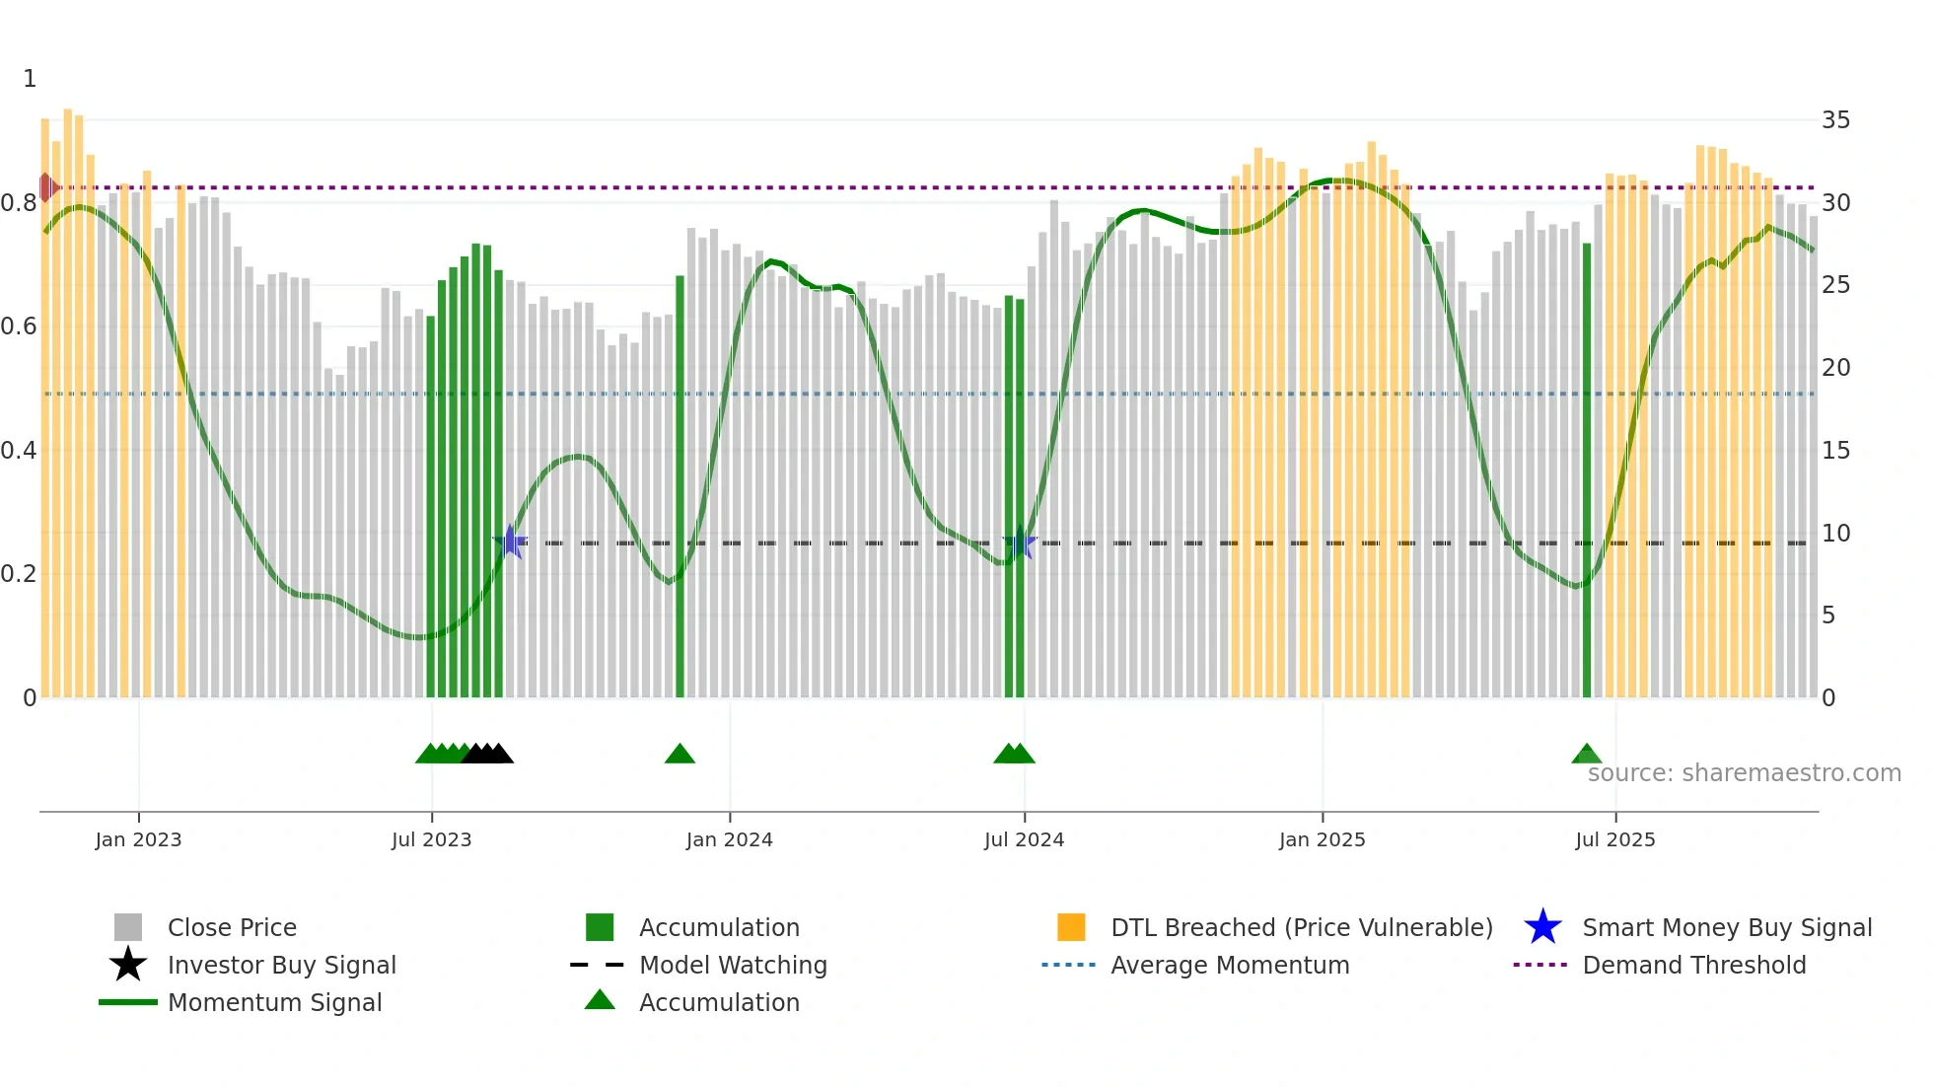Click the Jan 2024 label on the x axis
[x=729, y=840]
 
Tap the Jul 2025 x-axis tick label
[x=1614, y=840]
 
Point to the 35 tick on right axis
[x=1835, y=120]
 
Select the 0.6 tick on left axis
[x=19, y=326]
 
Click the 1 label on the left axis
[x=30, y=79]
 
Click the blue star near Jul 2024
[x=1020, y=543]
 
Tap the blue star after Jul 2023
[x=510, y=542]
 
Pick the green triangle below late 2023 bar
[x=680, y=755]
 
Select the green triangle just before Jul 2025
[x=1586, y=755]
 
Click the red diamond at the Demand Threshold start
[x=46, y=187]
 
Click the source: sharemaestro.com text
[x=1744, y=773]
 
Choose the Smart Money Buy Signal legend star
[x=1542, y=927]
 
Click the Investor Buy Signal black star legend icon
[x=128, y=965]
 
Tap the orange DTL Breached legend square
[x=1071, y=927]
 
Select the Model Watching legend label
[x=733, y=965]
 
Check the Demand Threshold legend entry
[x=1693, y=965]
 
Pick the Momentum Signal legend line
[x=128, y=1002]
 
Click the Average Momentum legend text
[x=1230, y=965]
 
